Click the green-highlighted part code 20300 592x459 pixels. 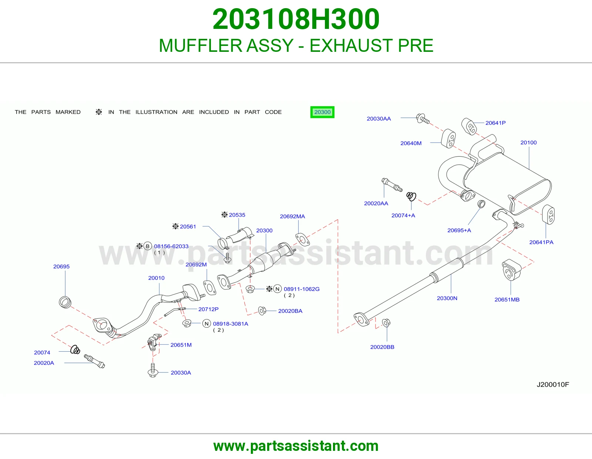(322, 112)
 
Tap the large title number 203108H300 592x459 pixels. (296, 19)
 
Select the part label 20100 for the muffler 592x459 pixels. (528, 143)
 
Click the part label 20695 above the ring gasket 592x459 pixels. (61, 266)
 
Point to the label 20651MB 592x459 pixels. (507, 299)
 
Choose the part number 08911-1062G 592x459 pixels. (302, 289)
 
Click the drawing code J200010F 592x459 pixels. (553, 384)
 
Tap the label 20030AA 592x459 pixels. (379, 118)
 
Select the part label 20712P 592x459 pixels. (208, 309)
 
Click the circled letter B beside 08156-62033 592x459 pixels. (147, 246)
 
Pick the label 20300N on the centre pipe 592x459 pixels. (447, 298)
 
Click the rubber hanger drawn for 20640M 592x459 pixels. (448, 139)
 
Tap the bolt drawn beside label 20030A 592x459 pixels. (152, 370)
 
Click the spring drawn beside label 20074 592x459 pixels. (75, 349)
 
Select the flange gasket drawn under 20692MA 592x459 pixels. (302, 239)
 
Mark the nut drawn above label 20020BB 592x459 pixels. (386, 323)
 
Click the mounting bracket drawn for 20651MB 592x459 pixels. (511, 269)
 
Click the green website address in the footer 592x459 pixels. (296, 446)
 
